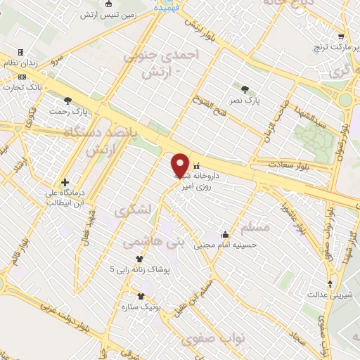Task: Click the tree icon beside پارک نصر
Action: (245, 89)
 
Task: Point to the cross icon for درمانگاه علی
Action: (65, 181)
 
